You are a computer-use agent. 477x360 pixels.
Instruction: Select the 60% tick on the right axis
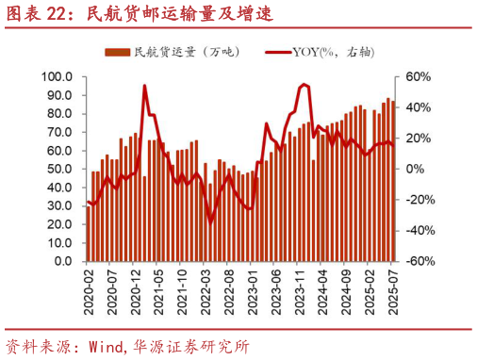point(420,76)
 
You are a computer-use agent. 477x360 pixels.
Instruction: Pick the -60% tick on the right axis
point(419,261)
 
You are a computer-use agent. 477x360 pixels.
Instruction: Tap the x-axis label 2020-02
point(88,293)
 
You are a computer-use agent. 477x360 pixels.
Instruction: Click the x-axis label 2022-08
point(229,293)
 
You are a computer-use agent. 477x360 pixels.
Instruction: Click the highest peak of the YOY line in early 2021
point(145,86)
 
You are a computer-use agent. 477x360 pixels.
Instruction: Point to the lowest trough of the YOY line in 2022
point(211,221)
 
